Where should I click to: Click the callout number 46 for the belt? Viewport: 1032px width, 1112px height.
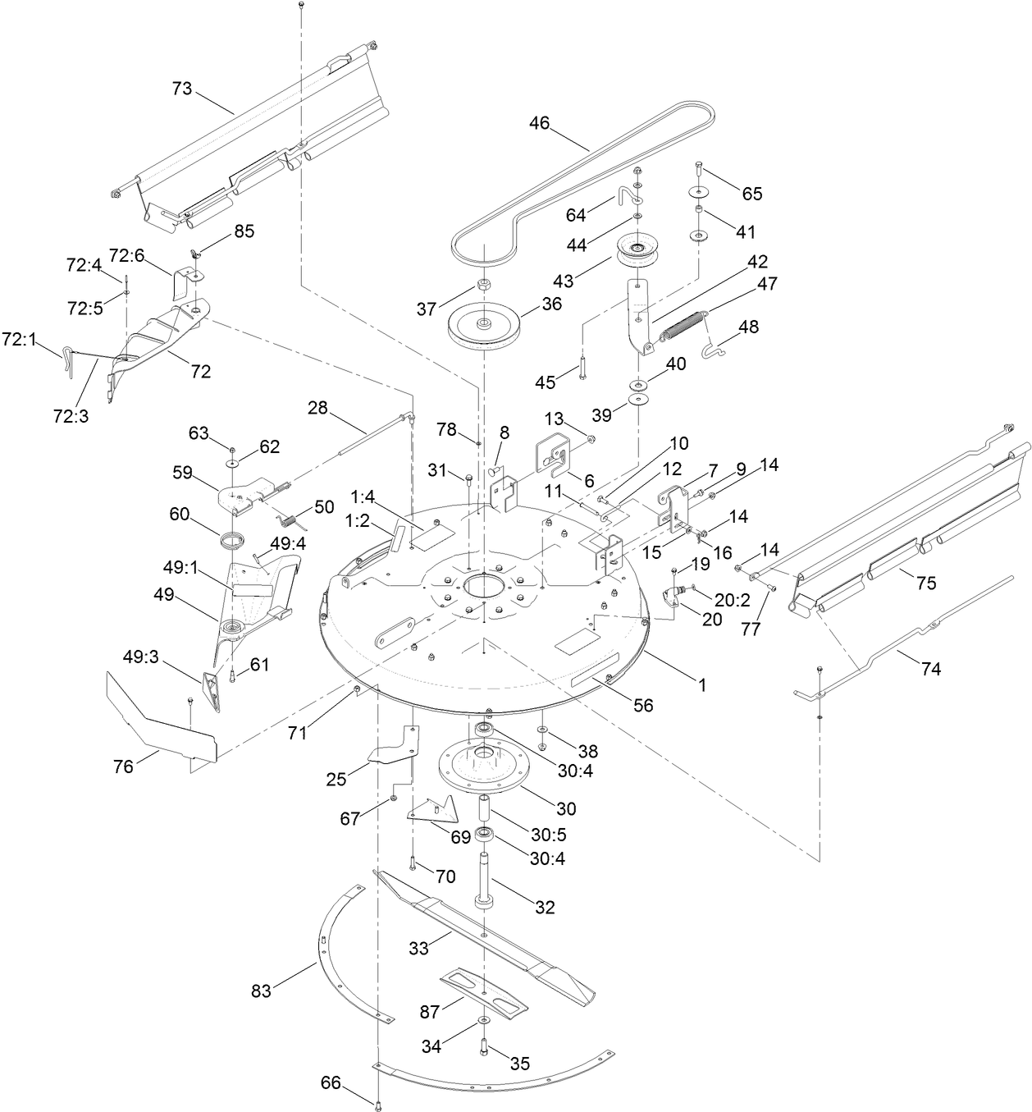click(539, 124)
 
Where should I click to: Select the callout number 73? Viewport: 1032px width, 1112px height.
click(182, 89)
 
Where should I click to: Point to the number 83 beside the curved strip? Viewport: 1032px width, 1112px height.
click(261, 991)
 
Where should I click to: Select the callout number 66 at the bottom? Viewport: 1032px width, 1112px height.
click(331, 1082)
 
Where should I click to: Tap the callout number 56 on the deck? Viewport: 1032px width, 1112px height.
click(644, 704)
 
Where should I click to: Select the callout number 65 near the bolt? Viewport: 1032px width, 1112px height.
click(752, 194)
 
